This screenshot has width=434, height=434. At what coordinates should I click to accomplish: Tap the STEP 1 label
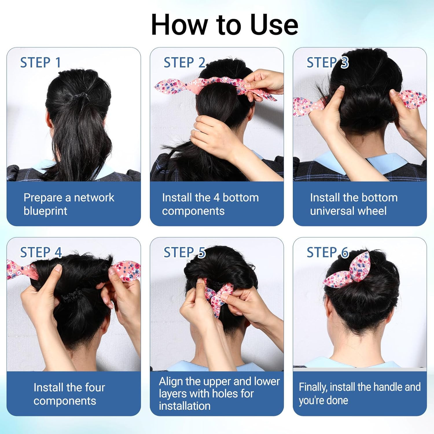point(41,62)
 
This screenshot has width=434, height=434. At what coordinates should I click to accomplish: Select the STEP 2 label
point(184,62)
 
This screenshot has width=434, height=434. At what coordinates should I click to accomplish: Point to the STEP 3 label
point(328,62)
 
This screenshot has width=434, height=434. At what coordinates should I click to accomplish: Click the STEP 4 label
point(41,252)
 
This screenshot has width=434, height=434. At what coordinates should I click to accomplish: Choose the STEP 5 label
point(184,252)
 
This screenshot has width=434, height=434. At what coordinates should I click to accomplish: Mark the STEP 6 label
point(328,252)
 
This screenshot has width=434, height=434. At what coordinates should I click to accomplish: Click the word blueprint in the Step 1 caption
point(45,211)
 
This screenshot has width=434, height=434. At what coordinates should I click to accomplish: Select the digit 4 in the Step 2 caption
point(216,198)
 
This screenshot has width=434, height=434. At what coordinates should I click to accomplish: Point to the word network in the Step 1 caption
point(94,198)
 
